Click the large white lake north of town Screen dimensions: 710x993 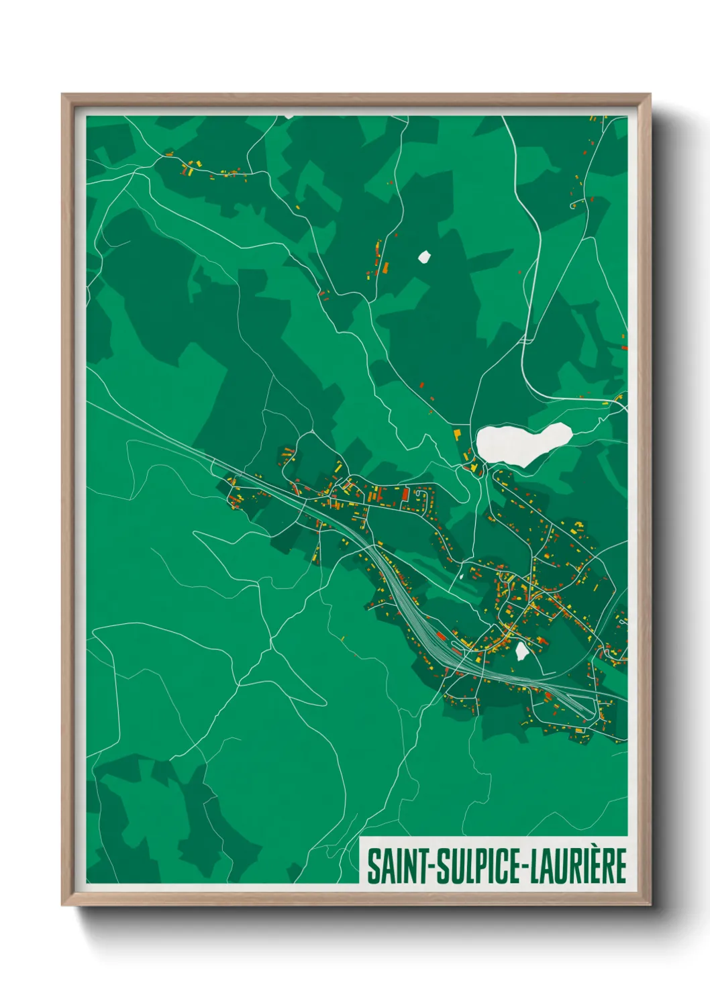[x=520, y=443]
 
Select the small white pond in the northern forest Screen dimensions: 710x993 [x=423, y=256]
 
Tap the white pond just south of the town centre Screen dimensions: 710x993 [x=521, y=650]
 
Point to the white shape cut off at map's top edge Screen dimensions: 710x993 [x=289, y=116]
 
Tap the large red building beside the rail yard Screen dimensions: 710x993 [x=441, y=635]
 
